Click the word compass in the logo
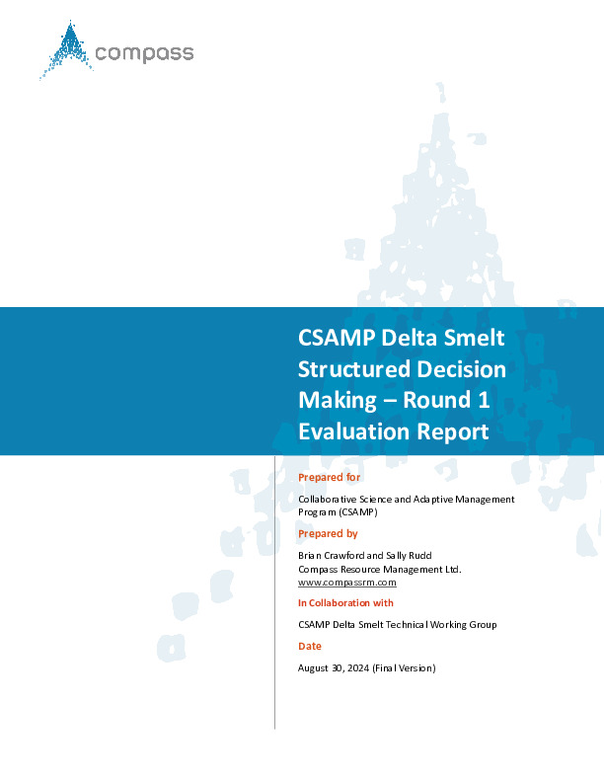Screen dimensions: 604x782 [x=144, y=53]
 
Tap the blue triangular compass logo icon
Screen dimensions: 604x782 [x=67, y=49]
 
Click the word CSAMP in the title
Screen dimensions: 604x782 [x=337, y=338]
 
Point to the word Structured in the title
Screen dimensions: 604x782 [x=354, y=369]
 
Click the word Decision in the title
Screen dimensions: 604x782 [x=462, y=369]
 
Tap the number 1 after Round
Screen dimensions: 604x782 [x=484, y=400]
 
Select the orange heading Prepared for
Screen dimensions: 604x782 [x=329, y=477]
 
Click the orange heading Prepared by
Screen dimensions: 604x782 [x=328, y=533]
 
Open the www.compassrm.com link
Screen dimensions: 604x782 [x=347, y=583]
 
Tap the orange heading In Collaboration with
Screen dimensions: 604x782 [x=345, y=603]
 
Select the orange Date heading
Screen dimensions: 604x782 [x=310, y=647]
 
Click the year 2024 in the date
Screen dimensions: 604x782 [x=358, y=668]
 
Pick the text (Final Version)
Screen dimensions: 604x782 [x=405, y=668]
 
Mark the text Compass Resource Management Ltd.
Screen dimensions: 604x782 [x=380, y=570]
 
